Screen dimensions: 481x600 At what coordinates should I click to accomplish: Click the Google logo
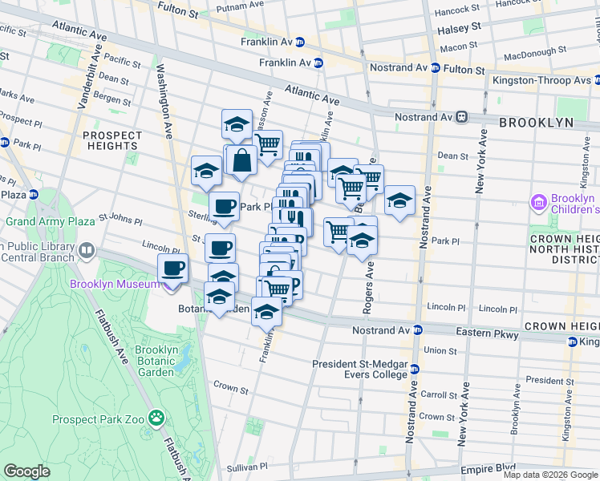tap(27, 471)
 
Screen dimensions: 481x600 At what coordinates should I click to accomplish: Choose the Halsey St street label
tap(459, 26)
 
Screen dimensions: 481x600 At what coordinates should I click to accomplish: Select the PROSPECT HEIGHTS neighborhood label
tap(111, 140)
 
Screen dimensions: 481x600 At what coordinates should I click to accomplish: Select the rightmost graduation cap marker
tap(399, 200)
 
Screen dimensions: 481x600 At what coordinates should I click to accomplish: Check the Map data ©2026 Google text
tap(549, 475)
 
